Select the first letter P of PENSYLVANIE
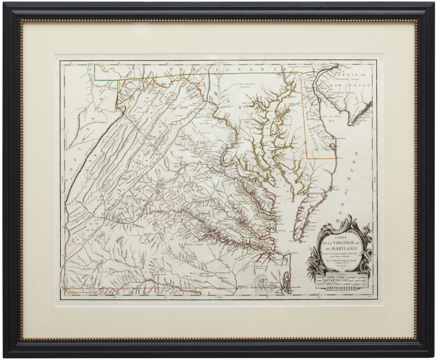pyautogui.click(x=172, y=70)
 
